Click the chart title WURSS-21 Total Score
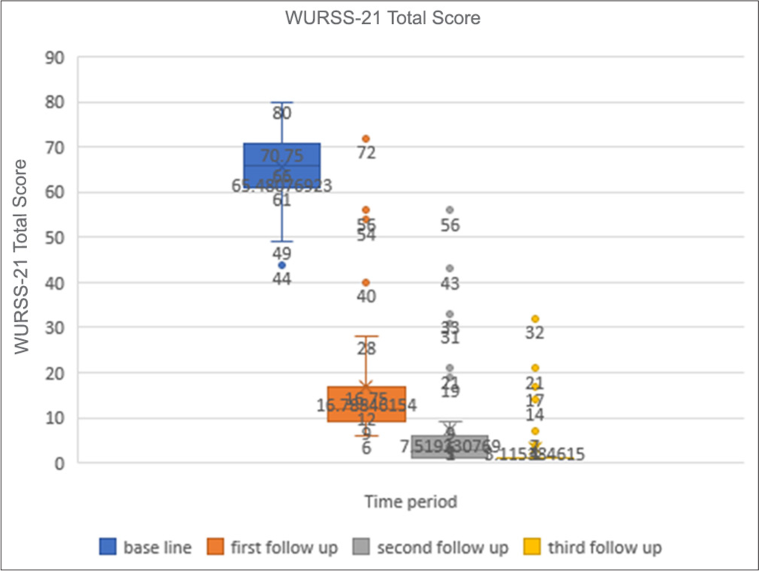pyautogui.click(x=382, y=19)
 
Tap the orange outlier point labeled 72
pyautogui.click(x=366, y=139)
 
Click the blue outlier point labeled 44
pyautogui.click(x=282, y=265)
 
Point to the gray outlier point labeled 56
pyautogui.click(x=450, y=210)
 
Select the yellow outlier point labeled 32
pyautogui.click(x=535, y=319)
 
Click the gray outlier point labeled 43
pyautogui.click(x=450, y=268)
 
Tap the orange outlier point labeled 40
pyautogui.click(x=366, y=283)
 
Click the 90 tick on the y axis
pyautogui.click(x=54, y=57)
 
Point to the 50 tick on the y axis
pyautogui.click(x=54, y=237)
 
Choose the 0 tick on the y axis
pyautogui.click(x=59, y=463)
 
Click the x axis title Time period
pyautogui.click(x=410, y=501)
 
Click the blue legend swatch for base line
pyautogui.click(x=108, y=547)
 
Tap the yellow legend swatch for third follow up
pyautogui.click(x=532, y=547)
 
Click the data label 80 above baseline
pyautogui.click(x=282, y=114)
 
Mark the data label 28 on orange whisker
pyautogui.click(x=366, y=349)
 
